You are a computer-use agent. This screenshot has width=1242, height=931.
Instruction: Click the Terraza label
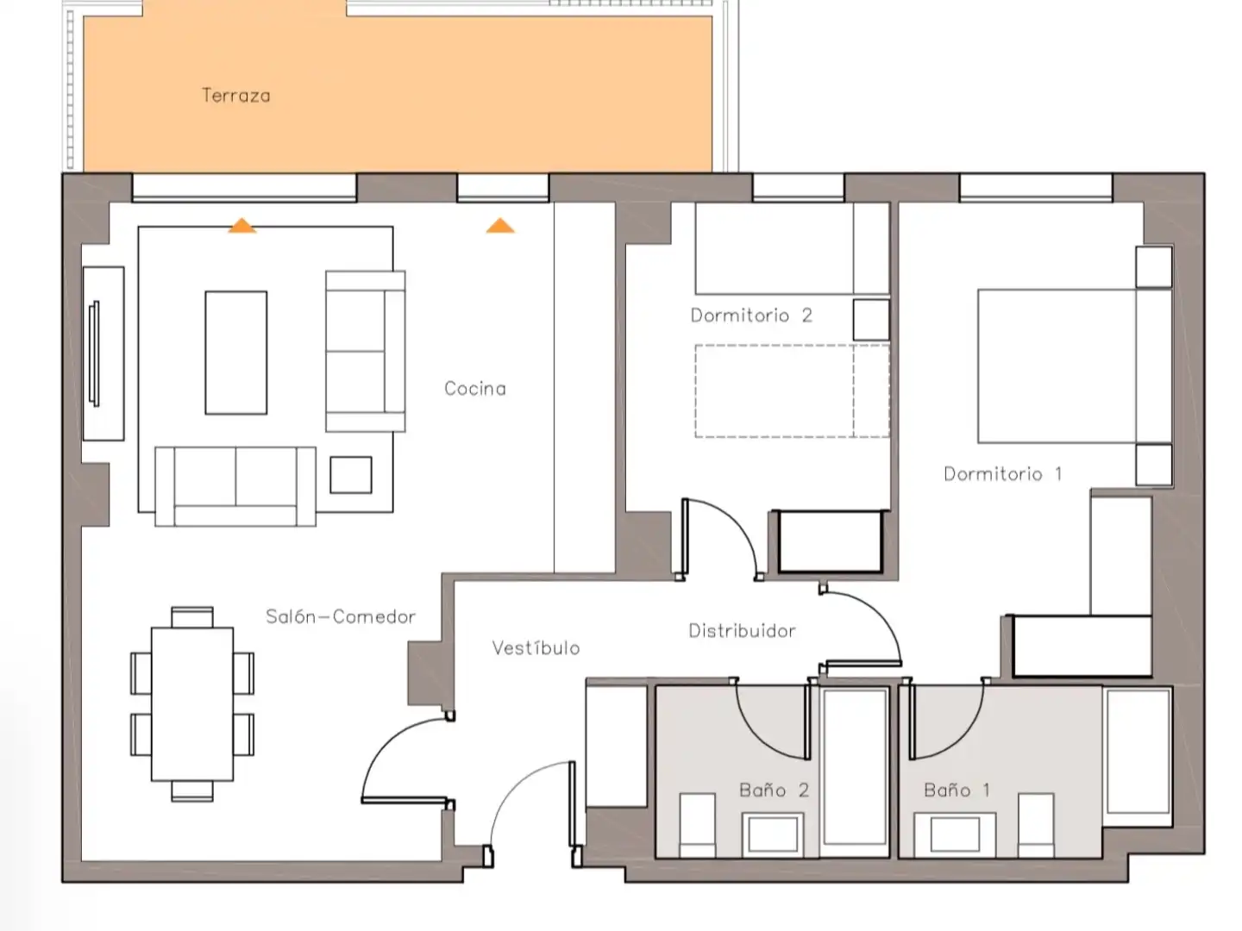(236, 95)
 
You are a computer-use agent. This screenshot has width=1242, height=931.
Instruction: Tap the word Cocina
(474, 388)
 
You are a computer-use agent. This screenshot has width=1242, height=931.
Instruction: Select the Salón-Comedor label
(340, 616)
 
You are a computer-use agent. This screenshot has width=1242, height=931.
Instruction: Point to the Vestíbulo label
(536, 647)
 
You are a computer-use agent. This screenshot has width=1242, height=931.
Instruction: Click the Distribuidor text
(742, 630)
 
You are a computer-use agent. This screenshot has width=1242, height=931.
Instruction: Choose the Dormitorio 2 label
(751, 315)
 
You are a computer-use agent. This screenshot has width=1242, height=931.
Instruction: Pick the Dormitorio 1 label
(1002, 473)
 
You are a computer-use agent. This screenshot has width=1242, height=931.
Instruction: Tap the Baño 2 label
(774, 790)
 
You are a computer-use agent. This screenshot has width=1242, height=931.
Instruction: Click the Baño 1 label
(957, 790)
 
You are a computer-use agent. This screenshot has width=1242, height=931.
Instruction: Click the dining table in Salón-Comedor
(191, 703)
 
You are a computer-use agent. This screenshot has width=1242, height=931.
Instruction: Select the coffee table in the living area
(236, 353)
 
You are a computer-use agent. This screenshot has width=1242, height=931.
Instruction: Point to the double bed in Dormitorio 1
(1075, 366)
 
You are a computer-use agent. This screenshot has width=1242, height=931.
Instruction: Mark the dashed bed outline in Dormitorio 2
(792, 391)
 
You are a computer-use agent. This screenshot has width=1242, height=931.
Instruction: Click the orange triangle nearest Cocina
(500, 226)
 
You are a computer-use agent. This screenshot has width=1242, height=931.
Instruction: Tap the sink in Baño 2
(772, 834)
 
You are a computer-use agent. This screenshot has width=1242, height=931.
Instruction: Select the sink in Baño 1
(955, 834)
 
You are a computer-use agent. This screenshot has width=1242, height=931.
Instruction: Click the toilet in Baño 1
(1036, 825)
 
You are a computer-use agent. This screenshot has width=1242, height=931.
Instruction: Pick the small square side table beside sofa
(351, 475)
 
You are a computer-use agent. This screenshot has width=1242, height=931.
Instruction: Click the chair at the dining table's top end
(192, 617)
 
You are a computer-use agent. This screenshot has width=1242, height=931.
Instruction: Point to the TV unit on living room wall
(103, 353)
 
